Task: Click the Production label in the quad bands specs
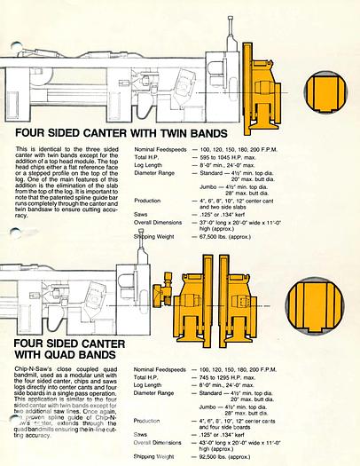[148, 420]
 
